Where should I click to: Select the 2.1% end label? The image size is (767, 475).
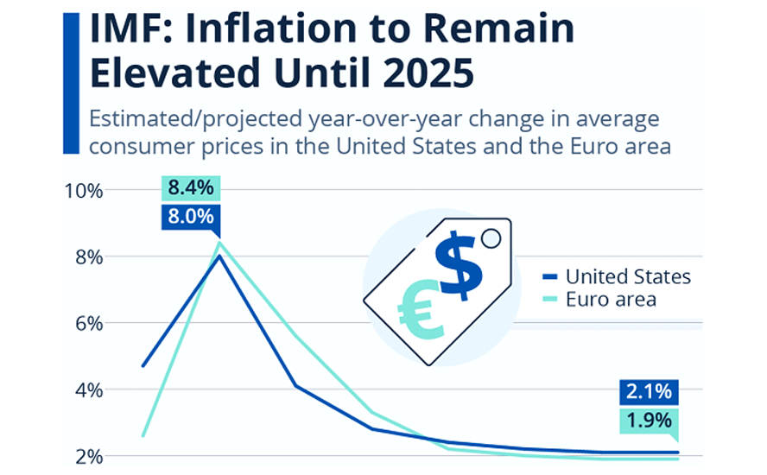click(x=649, y=391)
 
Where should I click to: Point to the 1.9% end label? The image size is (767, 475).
click(x=649, y=421)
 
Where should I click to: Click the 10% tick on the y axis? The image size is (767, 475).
click(x=84, y=190)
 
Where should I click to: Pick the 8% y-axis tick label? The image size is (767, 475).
click(x=88, y=256)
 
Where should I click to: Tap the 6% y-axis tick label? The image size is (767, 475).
click(x=88, y=323)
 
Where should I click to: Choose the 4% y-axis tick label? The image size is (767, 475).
click(x=88, y=389)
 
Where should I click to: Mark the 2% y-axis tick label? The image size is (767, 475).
click(x=88, y=456)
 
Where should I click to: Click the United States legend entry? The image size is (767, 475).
click(x=628, y=277)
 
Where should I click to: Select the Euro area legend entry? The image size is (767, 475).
click(x=611, y=300)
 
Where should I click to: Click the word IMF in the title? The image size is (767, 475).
click(x=130, y=30)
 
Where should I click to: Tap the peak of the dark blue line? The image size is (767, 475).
click(x=219, y=256)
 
